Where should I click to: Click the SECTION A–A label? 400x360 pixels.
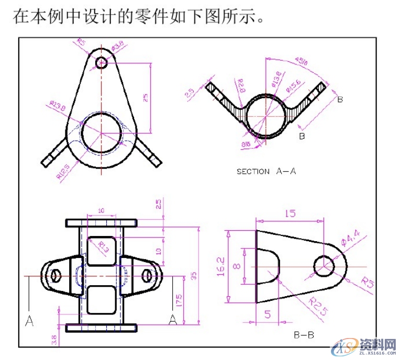266,171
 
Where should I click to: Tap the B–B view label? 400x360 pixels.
303,335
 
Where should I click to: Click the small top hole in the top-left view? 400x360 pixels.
101,63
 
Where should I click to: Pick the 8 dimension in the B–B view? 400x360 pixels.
236,266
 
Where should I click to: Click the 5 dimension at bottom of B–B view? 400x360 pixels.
267,315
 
